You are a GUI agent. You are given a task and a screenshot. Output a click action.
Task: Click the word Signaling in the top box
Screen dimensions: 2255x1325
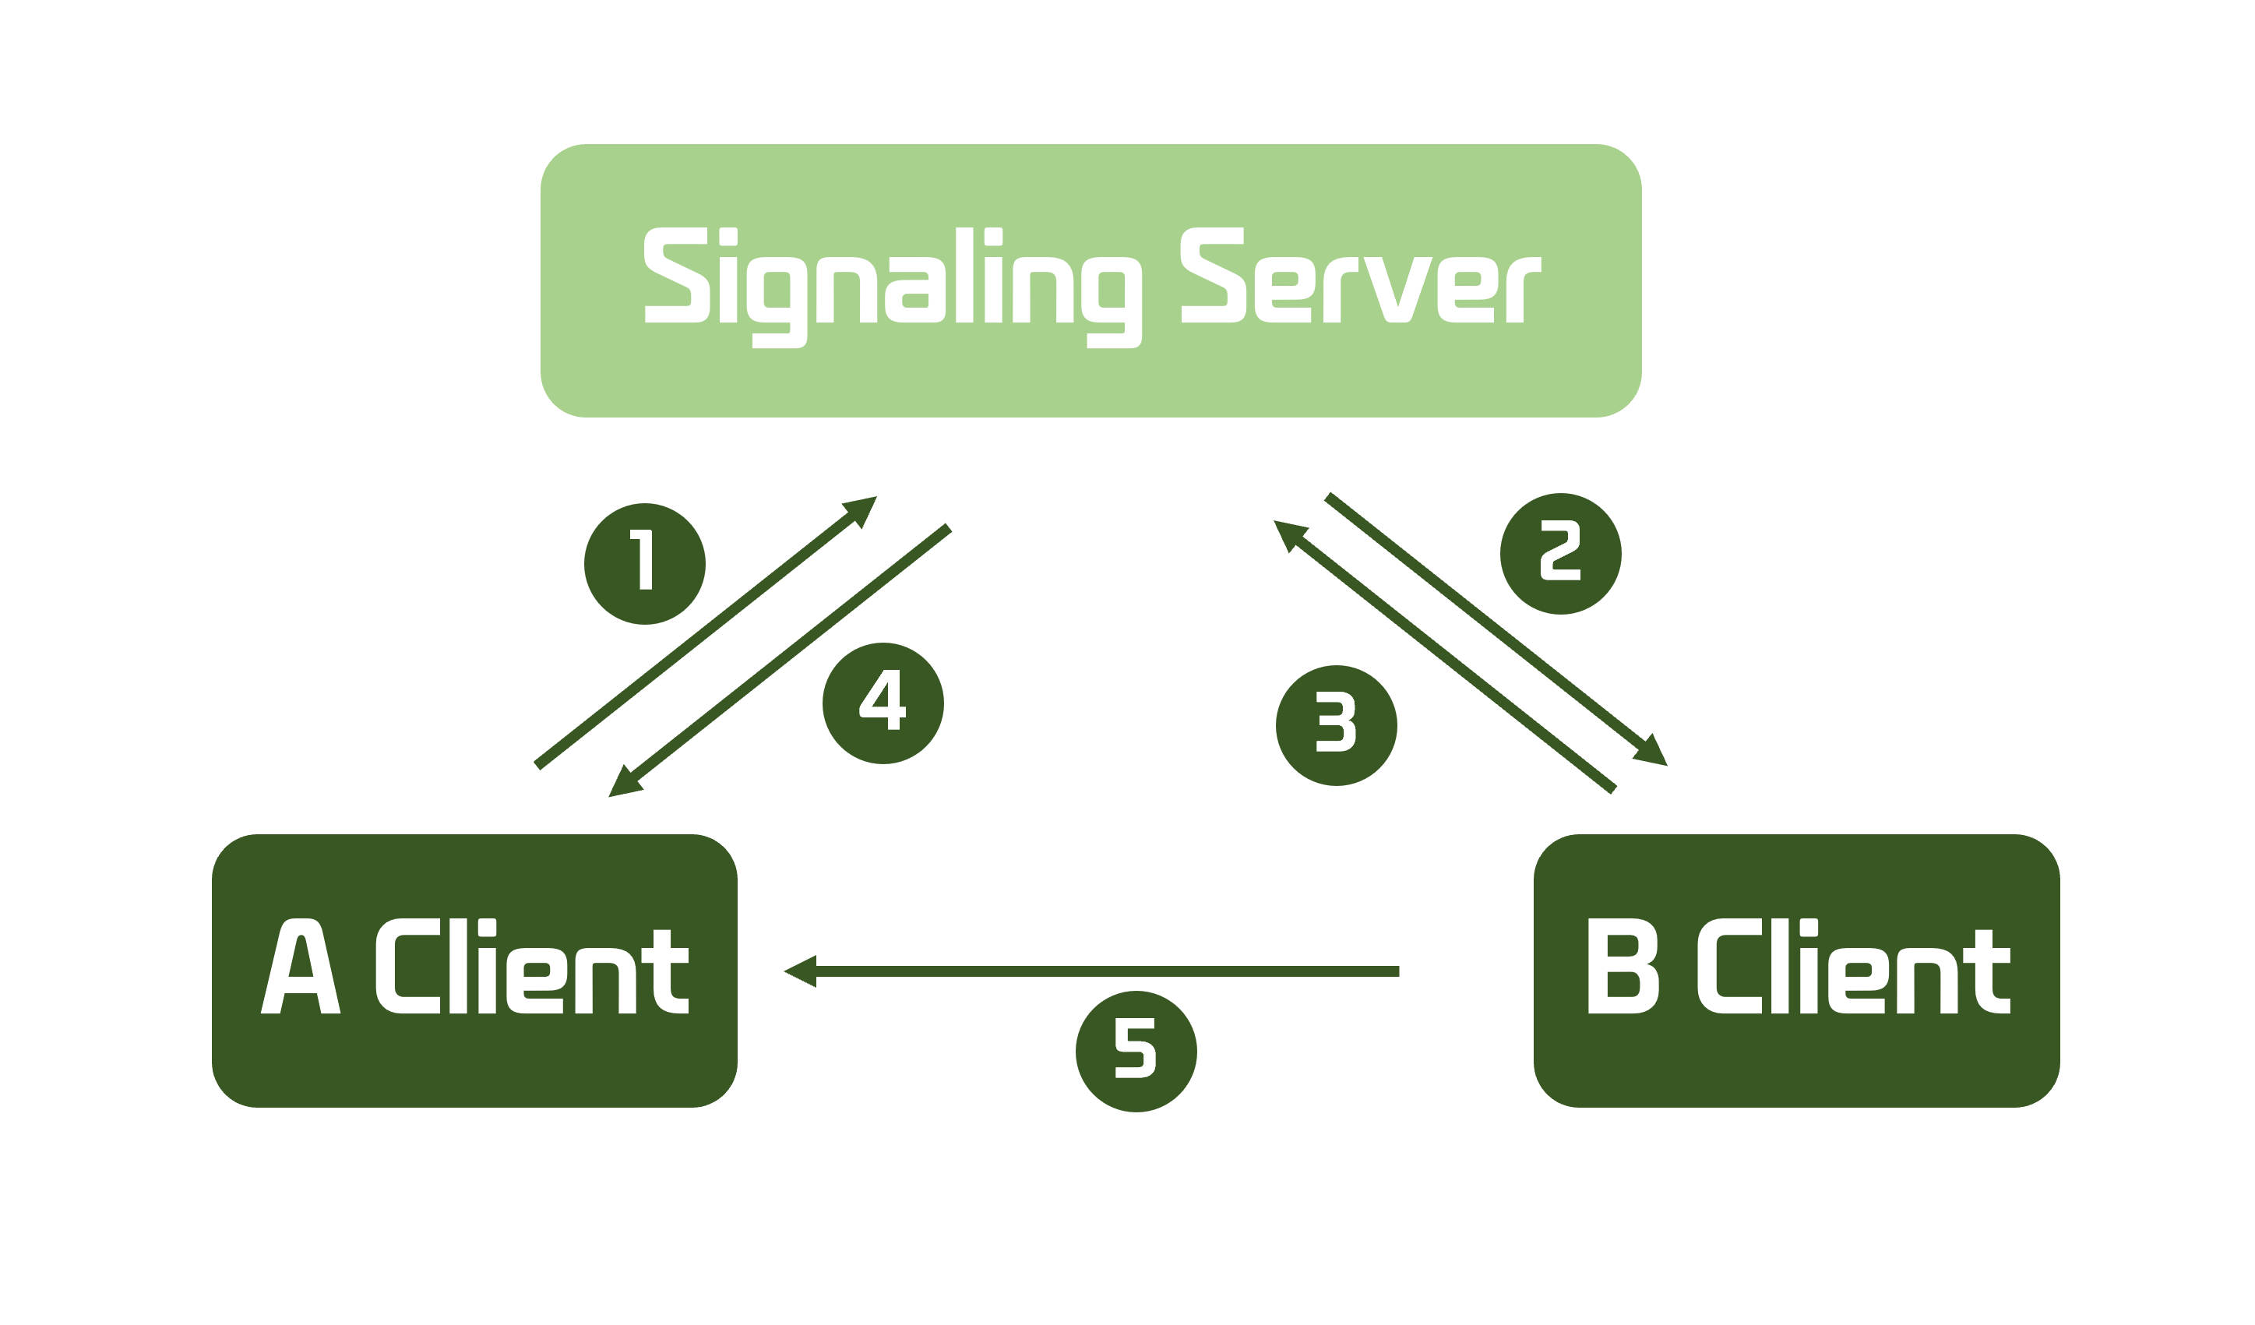(x=893, y=287)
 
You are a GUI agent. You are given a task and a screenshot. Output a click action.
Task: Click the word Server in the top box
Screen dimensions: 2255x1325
(x=1361, y=275)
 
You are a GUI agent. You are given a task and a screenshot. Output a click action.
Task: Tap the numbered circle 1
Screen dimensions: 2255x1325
(x=644, y=564)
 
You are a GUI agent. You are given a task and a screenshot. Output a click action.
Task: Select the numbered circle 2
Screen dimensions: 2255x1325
(x=1561, y=554)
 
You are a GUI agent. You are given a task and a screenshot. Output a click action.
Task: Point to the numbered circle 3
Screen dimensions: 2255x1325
(x=1336, y=725)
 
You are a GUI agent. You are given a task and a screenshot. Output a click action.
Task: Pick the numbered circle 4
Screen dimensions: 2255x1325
(x=883, y=703)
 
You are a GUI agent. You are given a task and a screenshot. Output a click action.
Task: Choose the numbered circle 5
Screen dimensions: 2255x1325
(x=1136, y=1052)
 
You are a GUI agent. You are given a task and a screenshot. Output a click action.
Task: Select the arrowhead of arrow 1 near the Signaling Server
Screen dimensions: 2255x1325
(x=859, y=512)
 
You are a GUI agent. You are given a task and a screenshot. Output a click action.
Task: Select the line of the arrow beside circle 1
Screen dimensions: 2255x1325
(x=705, y=632)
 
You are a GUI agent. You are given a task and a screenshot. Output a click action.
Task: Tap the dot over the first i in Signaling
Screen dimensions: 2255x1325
(x=728, y=236)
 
